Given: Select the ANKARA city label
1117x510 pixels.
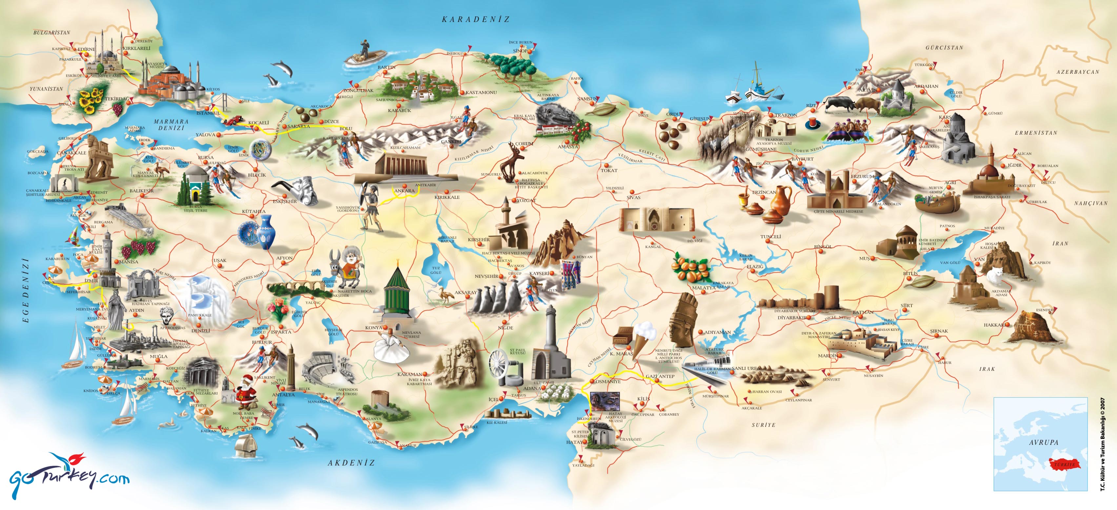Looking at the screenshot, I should [x=404, y=191].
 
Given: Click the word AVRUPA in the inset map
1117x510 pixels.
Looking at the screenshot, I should [x=1044, y=443].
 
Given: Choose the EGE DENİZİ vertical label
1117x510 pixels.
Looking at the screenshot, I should [x=26, y=290].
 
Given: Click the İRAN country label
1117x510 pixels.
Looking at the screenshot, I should [x=1060, y=243].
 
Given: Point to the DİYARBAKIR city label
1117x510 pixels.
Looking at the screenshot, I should [x=792, y=318].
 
